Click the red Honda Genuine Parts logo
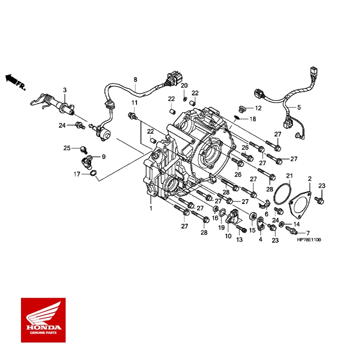43,320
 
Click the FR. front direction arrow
15,82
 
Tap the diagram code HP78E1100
309,240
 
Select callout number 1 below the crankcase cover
151,208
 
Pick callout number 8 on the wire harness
135,79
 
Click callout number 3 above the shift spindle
64,90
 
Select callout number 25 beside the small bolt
67,148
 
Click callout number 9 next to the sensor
103,156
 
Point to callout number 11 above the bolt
134,102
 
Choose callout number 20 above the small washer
184,85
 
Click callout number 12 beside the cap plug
258,108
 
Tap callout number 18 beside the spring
252,119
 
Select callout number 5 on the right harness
299,107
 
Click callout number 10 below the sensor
228,236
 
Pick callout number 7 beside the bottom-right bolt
308,233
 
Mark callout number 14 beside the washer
296,224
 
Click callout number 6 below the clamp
266,214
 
